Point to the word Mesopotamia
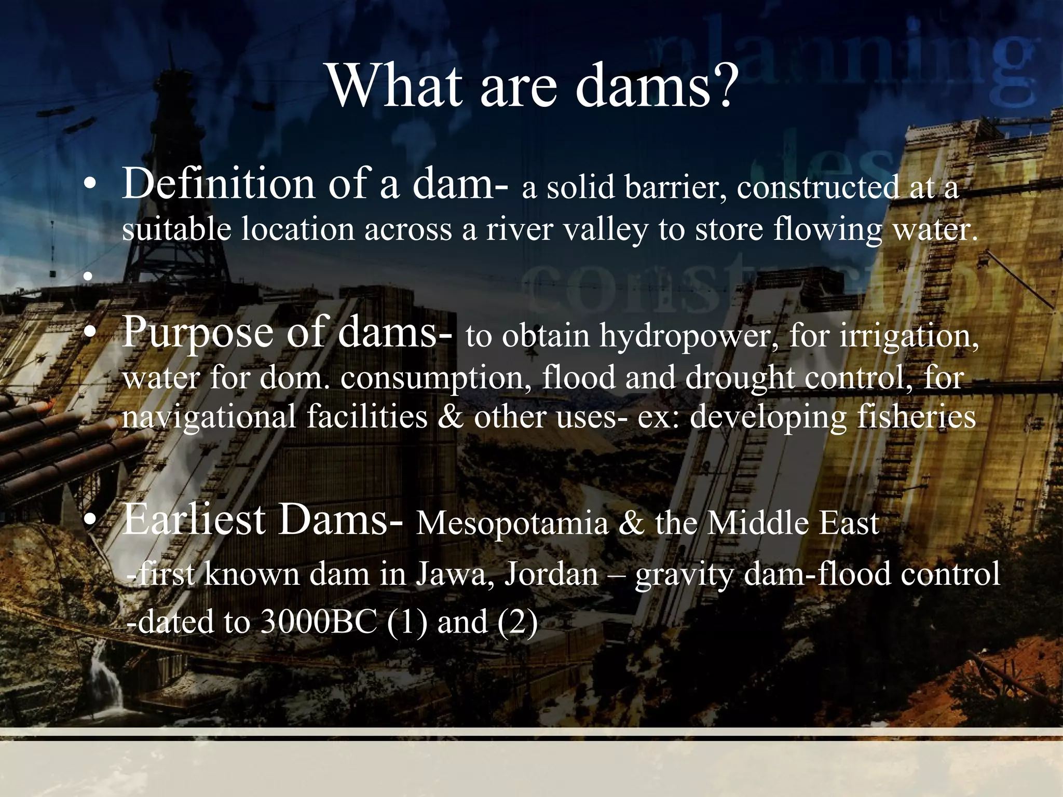coord(512,523)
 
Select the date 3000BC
coord(318,622)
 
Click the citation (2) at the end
coord(517,622)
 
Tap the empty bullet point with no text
coord(89,277)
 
